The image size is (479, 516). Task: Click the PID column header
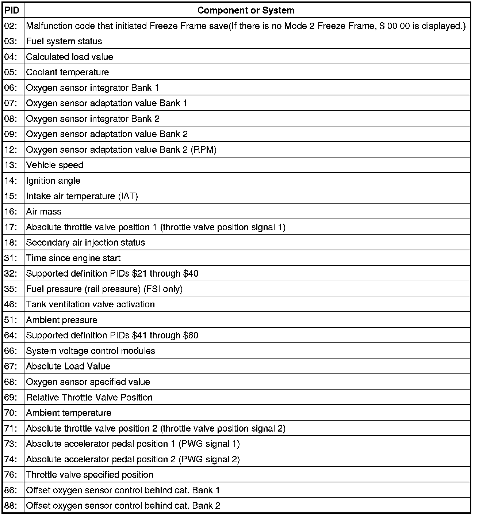(12, 10)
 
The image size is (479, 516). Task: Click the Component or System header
(246, 10)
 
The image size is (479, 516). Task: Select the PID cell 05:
(11, 72)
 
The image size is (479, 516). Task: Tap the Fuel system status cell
(64, 41)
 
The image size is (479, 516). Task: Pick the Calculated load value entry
(70, 57)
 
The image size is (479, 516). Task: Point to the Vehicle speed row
(55, 165)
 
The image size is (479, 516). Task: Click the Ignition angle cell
(53, 181)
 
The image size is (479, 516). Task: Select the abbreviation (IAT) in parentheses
(128, 196)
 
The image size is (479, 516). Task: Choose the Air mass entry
(44, 212)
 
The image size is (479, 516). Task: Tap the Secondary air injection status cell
(85, 243)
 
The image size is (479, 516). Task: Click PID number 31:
(11, 258)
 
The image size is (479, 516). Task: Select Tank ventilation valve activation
(91, 304)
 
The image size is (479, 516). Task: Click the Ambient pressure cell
(62, 320)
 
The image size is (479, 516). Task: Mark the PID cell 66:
(11, 351)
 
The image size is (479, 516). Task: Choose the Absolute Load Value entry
(68, 367)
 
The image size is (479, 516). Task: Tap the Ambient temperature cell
(69, 413)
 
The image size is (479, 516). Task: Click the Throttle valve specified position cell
(90, 475)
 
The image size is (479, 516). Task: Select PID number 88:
(11, 506)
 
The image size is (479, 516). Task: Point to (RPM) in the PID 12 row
(204, 150)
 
